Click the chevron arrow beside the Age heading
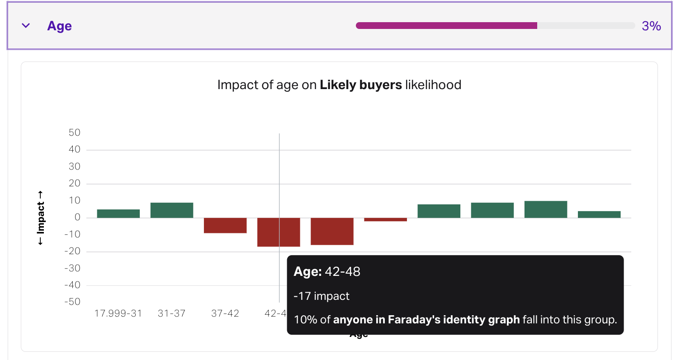point(26,26)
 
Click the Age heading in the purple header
point(59,26)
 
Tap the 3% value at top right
point(651,26)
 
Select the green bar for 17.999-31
point(118,213)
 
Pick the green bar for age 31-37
point(172,210)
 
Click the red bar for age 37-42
point(225,225)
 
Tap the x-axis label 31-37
point(172,313)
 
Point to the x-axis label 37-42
point(225,313)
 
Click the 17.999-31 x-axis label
point(118,313)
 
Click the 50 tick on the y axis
point(74,133)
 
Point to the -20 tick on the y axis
point(72,251)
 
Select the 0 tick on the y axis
point(77,218)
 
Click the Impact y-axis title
point(41,218)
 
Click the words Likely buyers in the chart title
point(361,85)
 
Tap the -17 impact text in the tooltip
point(322,296)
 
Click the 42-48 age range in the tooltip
point(342,272)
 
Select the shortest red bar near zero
point(385,219)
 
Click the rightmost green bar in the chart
point(599,214)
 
